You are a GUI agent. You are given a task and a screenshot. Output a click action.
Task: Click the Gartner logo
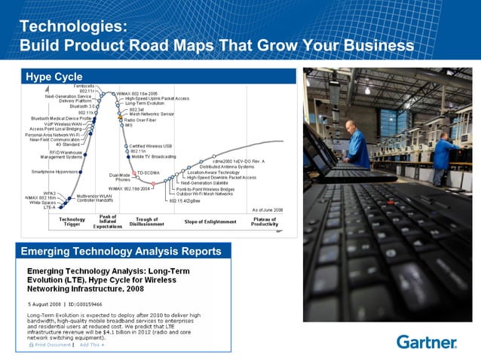click(426, 342)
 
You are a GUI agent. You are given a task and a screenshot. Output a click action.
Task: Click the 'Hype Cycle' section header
click(54, 77)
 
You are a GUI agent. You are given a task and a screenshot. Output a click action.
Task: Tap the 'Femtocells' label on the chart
click(84, 87)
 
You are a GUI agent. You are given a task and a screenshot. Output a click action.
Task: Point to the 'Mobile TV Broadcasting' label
click(154, 157)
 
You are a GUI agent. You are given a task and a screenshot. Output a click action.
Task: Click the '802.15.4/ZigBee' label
click(183, 200)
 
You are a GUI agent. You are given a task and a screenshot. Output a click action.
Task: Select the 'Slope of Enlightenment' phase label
click(210, 221)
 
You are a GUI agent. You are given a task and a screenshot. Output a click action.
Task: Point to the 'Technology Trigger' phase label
click(72, 221)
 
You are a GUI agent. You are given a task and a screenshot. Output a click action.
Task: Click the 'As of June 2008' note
click(268, 209)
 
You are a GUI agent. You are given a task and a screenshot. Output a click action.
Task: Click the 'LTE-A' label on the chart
click(43, 207)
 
